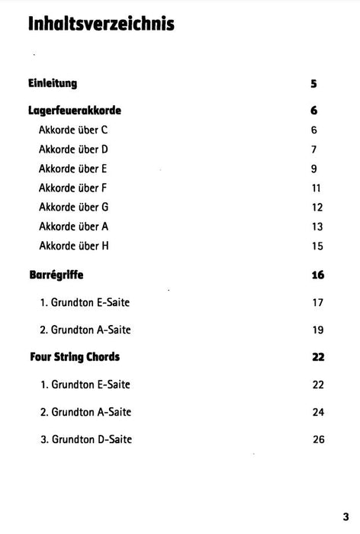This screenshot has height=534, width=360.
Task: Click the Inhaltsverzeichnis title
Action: [x=101, y=24]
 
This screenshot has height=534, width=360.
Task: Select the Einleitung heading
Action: [x=53, y=83]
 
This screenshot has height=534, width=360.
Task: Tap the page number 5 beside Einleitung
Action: [x=314, y=84]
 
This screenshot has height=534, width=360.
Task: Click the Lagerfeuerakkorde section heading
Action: [x=75, y=111]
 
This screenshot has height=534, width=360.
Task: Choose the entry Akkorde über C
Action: [x=73, y=130]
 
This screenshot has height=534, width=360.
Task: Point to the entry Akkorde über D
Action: [x=73, y=150]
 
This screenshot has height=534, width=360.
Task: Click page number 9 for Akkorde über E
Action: [x=314, y=169]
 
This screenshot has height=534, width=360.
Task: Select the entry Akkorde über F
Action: [x=73, y=188]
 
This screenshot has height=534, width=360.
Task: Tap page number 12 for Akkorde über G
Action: [x=317, y=207]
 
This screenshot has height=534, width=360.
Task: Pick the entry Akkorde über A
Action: [x=73, y=227]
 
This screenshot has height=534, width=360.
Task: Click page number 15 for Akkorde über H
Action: [x=317, y=246]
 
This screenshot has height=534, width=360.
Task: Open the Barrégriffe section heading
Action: [x=56, y=275]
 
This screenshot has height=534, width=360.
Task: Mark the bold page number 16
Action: [x=318, y=275]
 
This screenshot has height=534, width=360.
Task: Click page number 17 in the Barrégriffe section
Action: [x=319, y=303]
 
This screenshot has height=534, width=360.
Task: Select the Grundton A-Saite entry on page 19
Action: [x=85, y=330]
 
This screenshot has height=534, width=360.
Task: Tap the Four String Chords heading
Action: [x=74, y=356]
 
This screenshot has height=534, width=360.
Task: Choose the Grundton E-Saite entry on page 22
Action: [x=85, y=384]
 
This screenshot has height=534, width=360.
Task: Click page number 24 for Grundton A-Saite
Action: [x=319, y=412]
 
